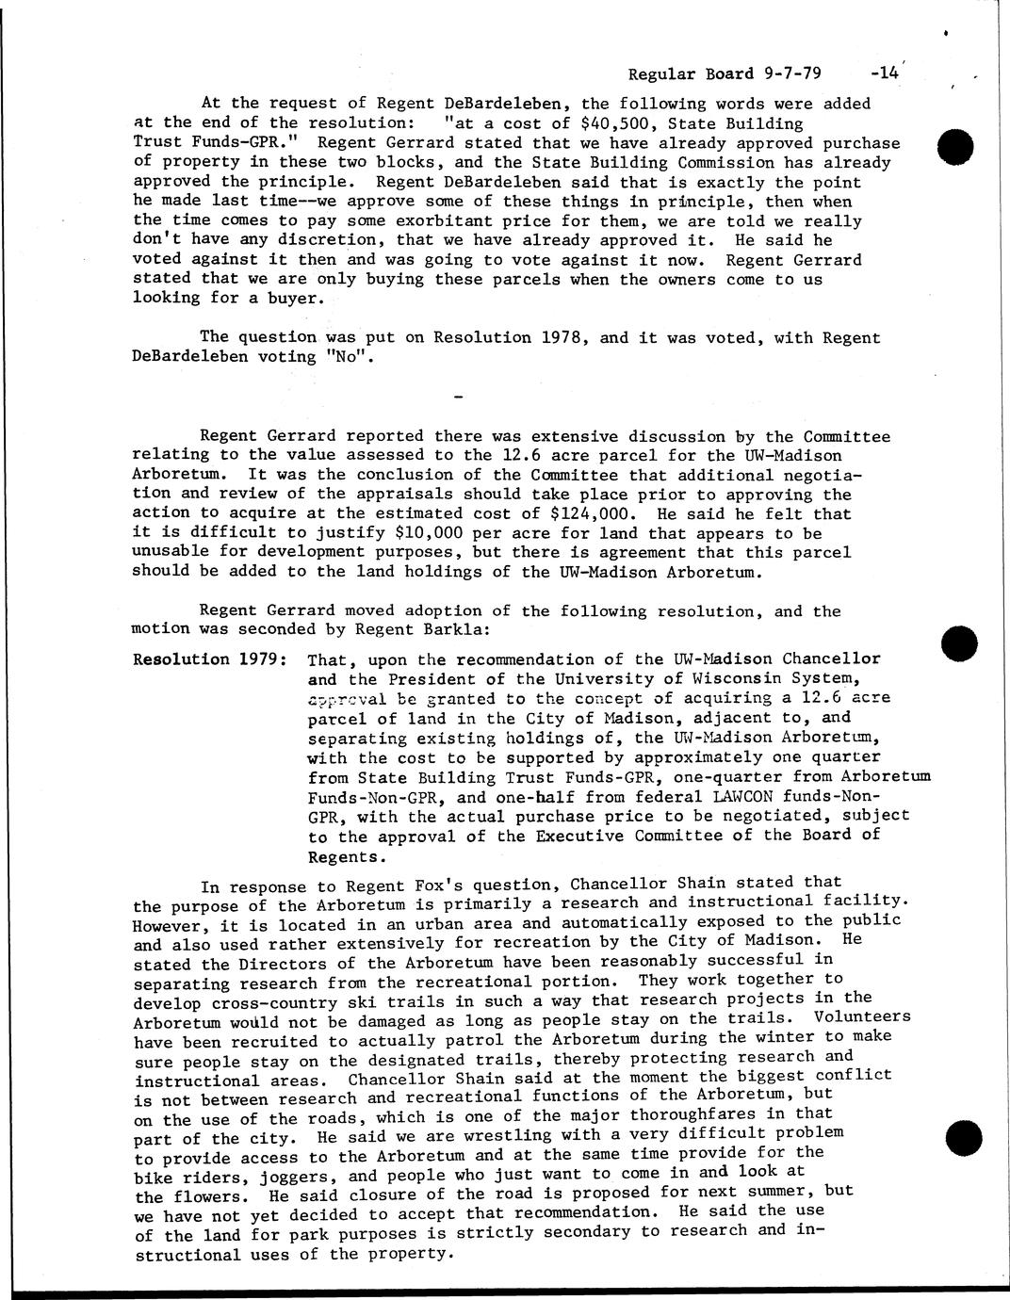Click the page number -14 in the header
(x=887, y=73)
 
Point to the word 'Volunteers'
(x=862, y=1017)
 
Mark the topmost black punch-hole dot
(x=956, y=148)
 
